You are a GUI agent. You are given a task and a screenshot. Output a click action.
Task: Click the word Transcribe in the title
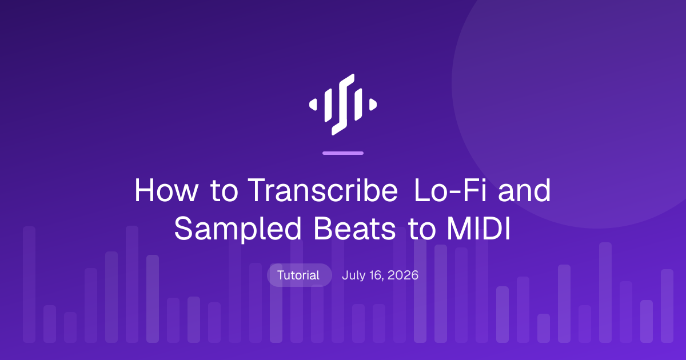coord(323,190)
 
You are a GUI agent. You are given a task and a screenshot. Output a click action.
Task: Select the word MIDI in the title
coord(478,229)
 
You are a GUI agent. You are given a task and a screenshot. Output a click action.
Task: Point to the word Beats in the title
coord(354,229)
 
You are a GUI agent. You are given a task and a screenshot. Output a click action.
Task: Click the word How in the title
coord(166,190)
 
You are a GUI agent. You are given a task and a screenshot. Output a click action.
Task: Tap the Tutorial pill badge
coord(299,275)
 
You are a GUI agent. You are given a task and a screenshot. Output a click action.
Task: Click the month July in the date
coord(353,275)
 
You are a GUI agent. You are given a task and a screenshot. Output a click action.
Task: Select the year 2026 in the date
coord(402,275)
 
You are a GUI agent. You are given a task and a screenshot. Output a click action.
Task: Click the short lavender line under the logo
coord(343,153)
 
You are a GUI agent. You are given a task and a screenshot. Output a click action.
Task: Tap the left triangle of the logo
coord(313,105)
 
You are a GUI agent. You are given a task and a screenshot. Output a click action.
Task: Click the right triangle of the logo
coord(373,105)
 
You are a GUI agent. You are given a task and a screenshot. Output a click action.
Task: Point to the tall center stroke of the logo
coord(343,105)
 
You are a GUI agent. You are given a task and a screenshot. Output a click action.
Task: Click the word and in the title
coord(524,190)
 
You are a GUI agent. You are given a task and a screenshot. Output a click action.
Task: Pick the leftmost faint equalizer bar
coord(29,285)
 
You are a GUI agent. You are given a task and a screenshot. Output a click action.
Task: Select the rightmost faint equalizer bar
coord(667,306)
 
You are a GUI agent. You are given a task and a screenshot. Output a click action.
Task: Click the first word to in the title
coord(224,190)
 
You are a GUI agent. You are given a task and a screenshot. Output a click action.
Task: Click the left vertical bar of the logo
coord(328,105)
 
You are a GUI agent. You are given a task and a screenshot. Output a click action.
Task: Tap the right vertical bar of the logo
coord(358,105)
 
